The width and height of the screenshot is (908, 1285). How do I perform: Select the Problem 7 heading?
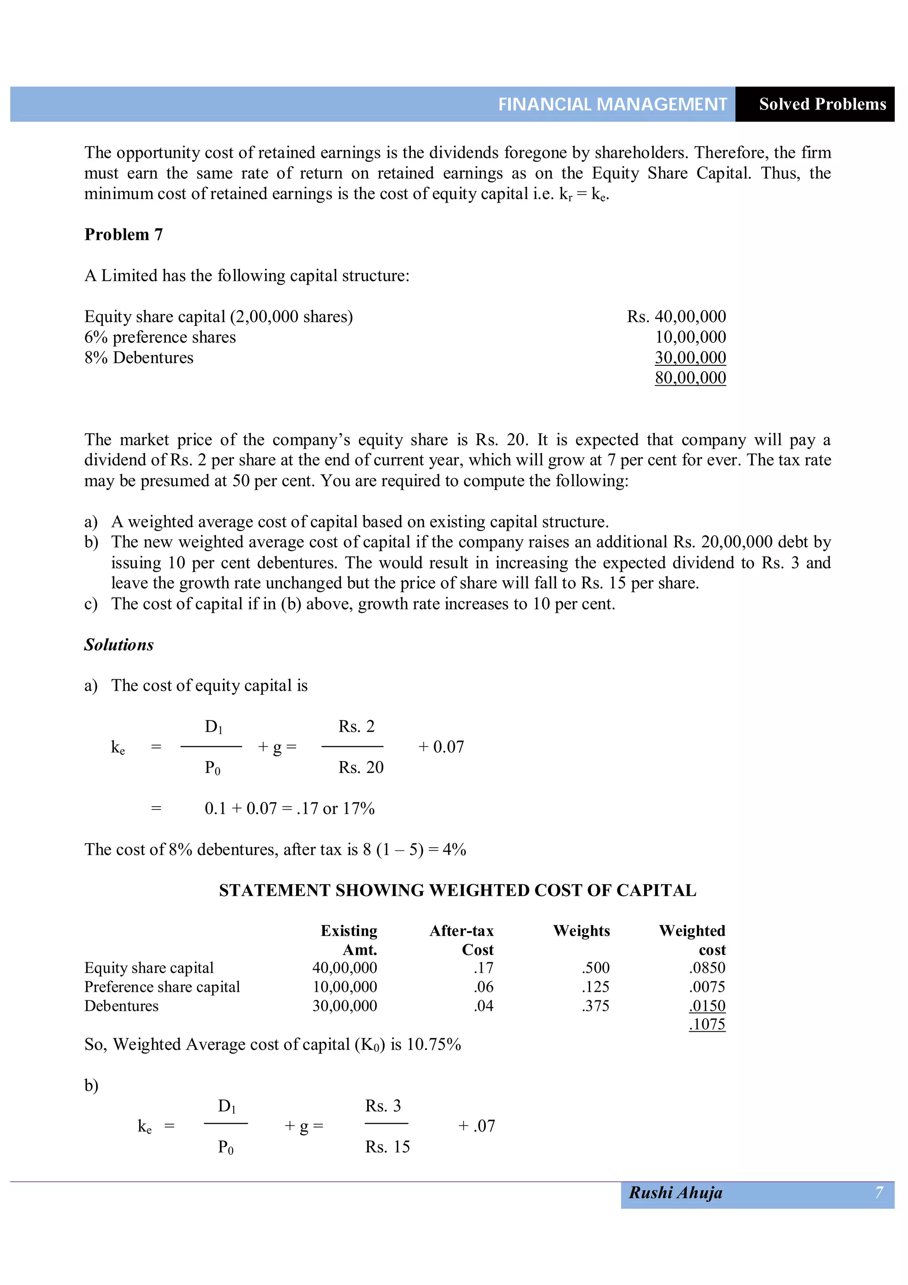[x=123, y=235]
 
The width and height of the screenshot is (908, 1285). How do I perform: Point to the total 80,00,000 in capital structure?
[x=690, y=378]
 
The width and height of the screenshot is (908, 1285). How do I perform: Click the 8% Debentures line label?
[x=139, y=358]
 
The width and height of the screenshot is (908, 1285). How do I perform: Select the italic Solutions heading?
[x=119, y=645]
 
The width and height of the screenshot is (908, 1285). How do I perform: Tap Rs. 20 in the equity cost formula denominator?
[x=361, y=767]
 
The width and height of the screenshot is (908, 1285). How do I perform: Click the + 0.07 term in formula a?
[x=441, y=747]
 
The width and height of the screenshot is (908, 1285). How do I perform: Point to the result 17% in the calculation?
[x=359, y=809]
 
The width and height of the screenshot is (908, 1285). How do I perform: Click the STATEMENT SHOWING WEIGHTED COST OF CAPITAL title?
[x=457, y=890]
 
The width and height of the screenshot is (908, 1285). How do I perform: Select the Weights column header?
[x=581, y=931]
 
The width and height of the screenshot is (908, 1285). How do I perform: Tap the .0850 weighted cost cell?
[x=707, y=968]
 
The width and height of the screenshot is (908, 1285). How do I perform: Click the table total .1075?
[x=707, y=1025]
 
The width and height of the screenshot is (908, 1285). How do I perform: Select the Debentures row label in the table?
[x=121, y=1006]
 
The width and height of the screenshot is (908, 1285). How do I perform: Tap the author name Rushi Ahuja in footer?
[x=675, y=1193]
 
